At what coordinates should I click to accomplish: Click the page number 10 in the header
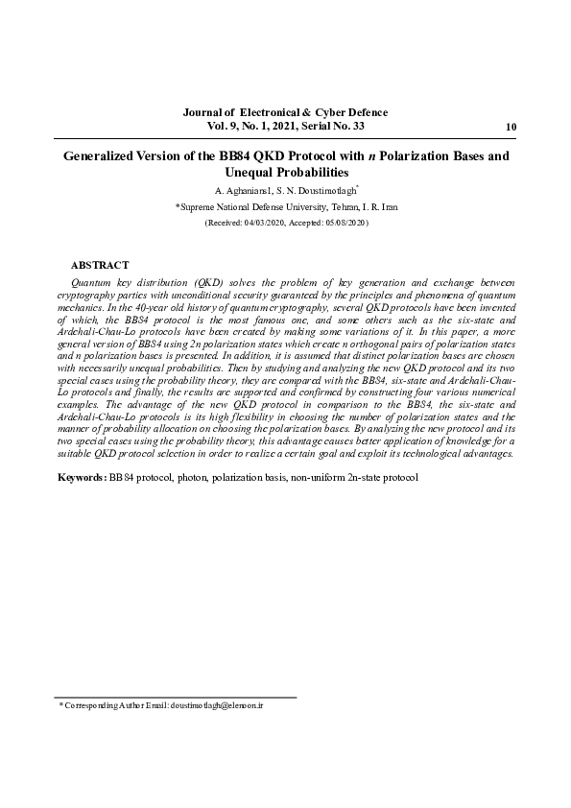pos(510,128)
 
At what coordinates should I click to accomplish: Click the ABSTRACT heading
pos(100,265)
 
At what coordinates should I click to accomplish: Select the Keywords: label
pos(82,477)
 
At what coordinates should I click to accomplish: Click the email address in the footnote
pos(217,705)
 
